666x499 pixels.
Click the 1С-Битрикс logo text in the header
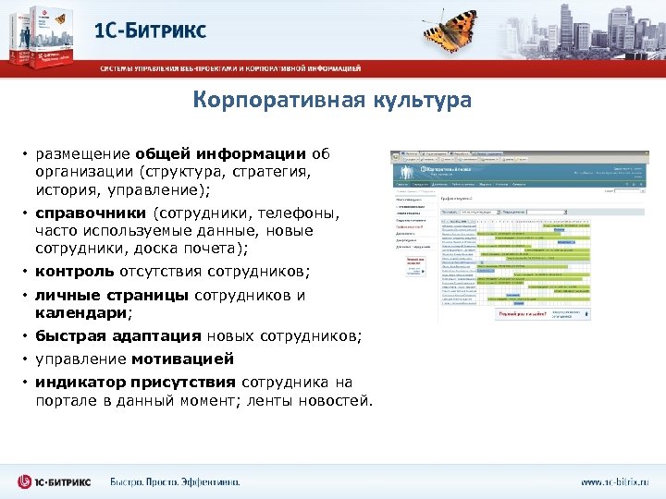pos(151,30)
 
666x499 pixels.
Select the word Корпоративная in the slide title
pos(267,100)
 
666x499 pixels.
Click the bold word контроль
pos(74,273)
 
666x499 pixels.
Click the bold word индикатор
pos(78,382)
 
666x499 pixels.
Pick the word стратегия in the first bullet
pos(267,171)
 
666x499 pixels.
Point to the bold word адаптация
pos(158,336)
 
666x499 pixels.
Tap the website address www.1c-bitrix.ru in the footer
pos(614,481)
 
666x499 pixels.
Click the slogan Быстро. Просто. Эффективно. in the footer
pos(174,481)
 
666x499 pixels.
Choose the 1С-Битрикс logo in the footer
pos(55,481)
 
